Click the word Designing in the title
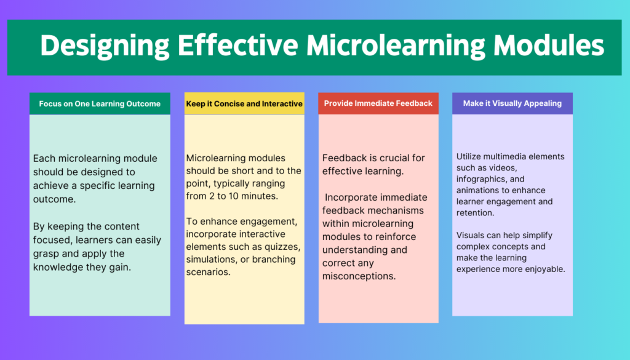(105, 46)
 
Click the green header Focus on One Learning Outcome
(100, 103)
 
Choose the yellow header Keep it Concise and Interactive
(244, 103)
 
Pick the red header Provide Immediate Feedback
(378, 103)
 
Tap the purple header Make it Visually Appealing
(512, 103)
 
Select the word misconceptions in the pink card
(359, 276)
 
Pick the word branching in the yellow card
(276, 260)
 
